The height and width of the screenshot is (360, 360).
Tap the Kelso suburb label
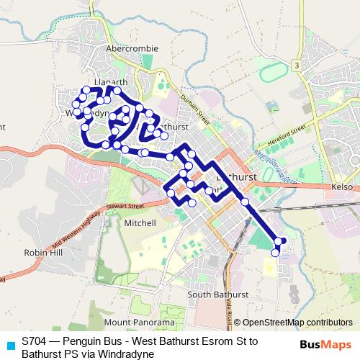[x=342, y=186]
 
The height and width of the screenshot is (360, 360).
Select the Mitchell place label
[x=140, y=223]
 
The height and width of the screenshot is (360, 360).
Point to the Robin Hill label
[x=45, y=253]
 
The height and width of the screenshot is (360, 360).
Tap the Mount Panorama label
[x=139, y=323]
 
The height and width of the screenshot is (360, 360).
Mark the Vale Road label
[x=230, y=306]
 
